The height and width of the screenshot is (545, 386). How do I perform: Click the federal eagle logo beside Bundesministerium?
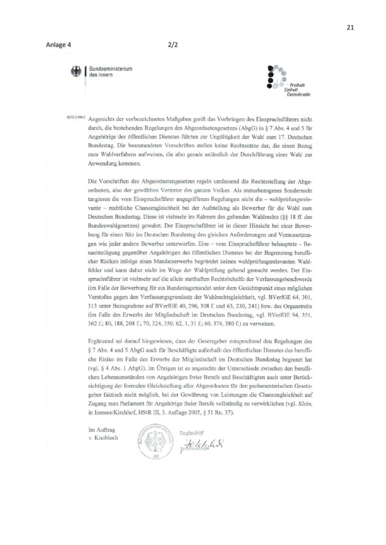[75, 72]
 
